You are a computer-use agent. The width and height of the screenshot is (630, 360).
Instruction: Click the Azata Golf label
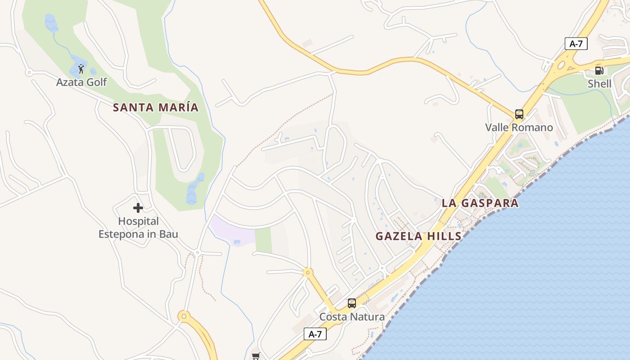(x=81, y=82)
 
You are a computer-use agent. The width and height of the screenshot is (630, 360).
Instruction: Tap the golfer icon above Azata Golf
(x=81, y=69)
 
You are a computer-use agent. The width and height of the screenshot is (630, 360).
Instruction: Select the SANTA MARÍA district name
(x=155, y=108)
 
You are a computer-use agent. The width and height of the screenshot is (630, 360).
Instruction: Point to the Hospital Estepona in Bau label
(x=138, y=228)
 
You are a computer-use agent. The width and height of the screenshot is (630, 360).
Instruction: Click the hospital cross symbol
(x=138, y=208)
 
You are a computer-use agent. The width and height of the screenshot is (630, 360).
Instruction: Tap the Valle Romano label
(x=519, y=127)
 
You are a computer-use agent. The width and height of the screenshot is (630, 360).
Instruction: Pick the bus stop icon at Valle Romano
(x=519, y=114)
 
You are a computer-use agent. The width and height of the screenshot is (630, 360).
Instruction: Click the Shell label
(x=599, y=84)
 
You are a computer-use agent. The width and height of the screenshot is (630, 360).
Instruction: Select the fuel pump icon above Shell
(x=599, y=70)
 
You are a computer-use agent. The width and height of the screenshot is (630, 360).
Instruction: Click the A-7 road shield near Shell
(x=576, y=44)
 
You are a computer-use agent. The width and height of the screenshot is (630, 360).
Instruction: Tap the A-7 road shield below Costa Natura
(x=315, y=334)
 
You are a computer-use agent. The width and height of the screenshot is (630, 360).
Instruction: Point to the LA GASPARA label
(x=480, y=203)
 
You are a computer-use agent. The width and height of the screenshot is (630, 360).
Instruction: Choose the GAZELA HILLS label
(x=418, y=236)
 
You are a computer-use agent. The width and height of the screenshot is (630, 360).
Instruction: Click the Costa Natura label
(x=352, y=317)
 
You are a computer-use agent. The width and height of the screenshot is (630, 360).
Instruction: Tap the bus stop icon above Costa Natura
(x=352, y=303)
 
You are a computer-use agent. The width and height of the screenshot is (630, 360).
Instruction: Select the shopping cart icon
(x=256, y=356)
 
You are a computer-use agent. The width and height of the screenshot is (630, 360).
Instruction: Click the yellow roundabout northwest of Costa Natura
(x=308, y=272)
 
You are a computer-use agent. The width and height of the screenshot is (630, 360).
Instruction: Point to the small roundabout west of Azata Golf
(x=29, y=72)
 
